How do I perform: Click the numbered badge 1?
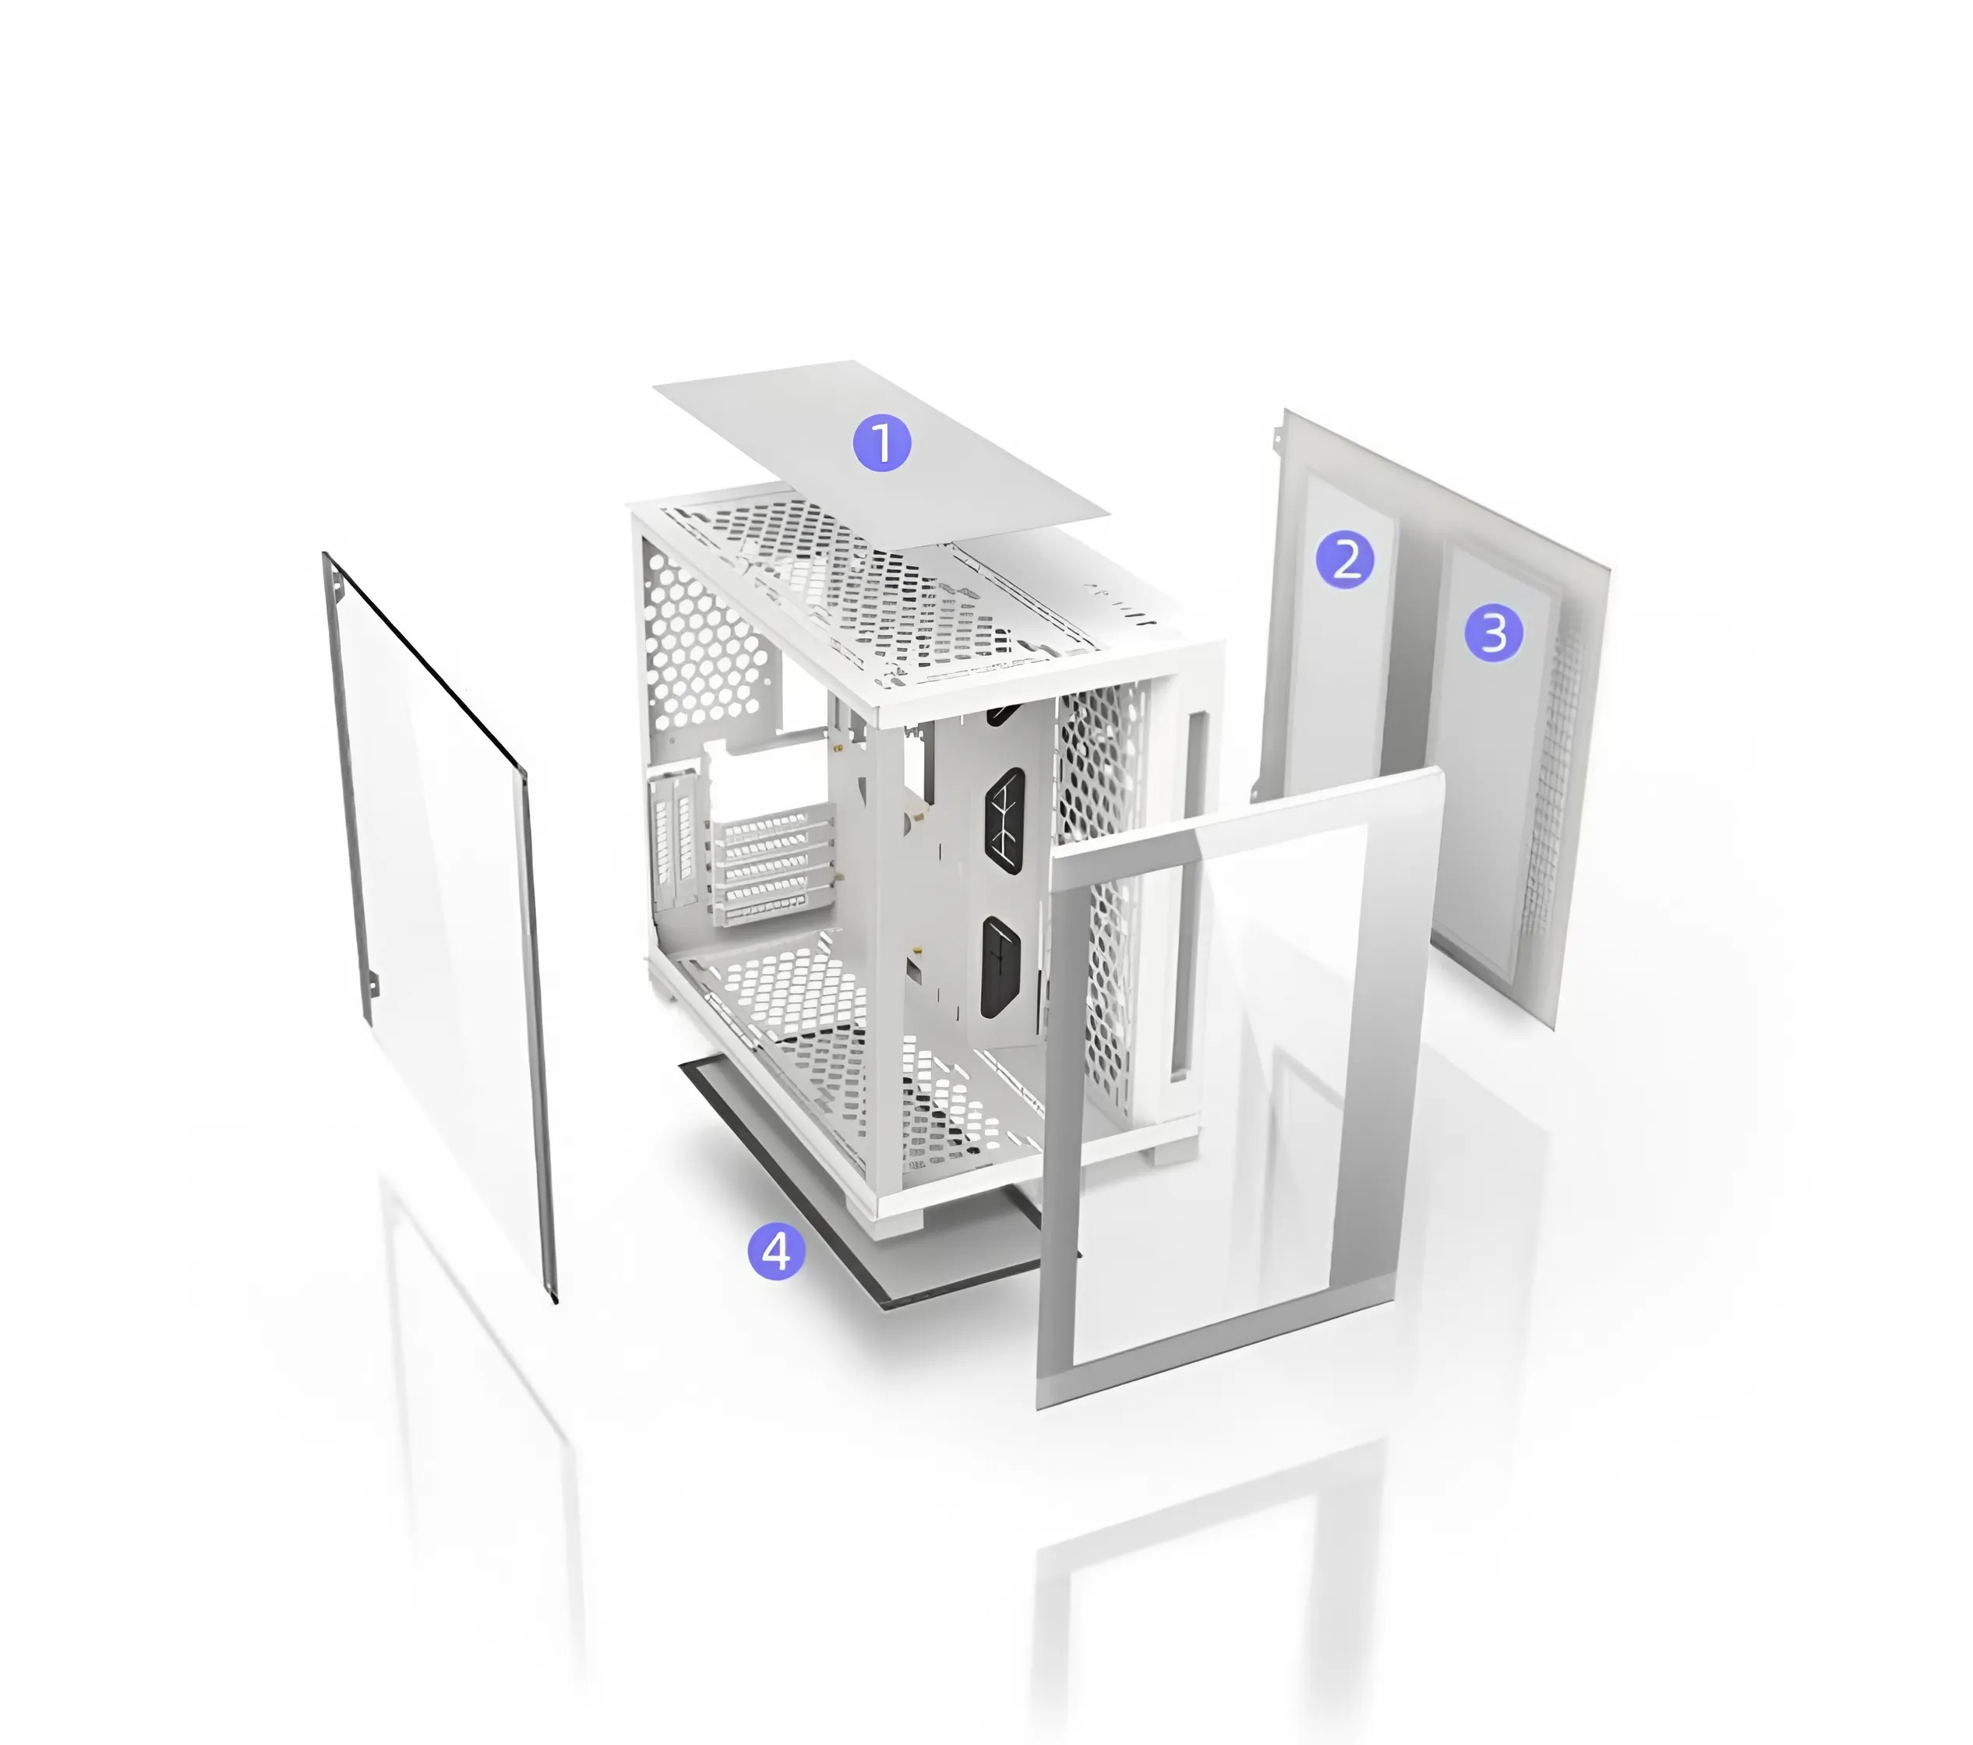pos(881,443)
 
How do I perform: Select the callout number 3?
pos(1493,633)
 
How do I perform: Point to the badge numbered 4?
pos(776,1251)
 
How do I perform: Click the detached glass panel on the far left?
pos(440,926)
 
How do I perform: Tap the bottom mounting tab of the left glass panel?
pos(372,985)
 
